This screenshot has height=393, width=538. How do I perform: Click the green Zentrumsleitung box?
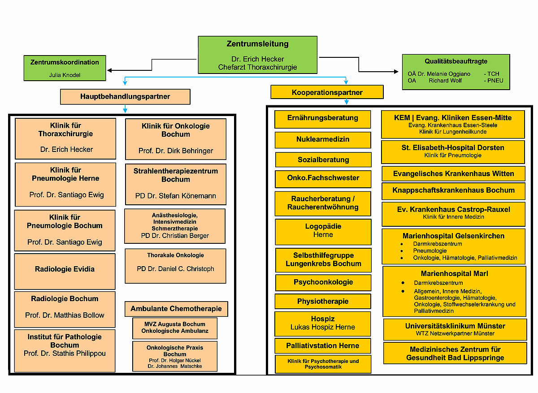tap(257, 55)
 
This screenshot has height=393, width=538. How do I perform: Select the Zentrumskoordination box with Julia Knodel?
tap(65, 68)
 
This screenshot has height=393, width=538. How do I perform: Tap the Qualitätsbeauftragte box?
tap(456, 72)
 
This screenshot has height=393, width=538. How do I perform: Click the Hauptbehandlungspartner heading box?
tap(125, 96)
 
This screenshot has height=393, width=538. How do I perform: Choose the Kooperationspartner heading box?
tap(327, 92)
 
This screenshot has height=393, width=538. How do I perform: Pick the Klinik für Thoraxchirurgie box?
tap(65, 138)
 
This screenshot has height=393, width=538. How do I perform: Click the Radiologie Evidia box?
tap(65, 270)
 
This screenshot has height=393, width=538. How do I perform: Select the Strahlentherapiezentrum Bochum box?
tap(175, 184)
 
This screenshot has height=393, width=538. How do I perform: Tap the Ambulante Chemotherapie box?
tap(176, 309)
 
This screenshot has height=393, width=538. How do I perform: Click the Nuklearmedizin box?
tap(323, 140)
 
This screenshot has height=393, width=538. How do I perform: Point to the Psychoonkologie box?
tap(323, 282)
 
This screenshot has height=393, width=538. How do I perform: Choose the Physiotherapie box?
tap(323, 301)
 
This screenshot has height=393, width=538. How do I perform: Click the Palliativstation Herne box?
tap(323, 345)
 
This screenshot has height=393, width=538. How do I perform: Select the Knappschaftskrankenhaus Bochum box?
tap(453, 190)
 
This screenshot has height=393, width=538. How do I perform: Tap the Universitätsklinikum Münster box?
tap(455, 329)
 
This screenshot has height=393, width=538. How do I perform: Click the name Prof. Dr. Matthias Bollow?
tap(65, 315)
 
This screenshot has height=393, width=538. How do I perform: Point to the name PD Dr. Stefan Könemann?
tap(175, 196)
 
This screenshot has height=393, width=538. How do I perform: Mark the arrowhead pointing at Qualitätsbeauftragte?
tap(396, 72)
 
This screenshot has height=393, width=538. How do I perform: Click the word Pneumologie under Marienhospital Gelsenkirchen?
tap(430, 251)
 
